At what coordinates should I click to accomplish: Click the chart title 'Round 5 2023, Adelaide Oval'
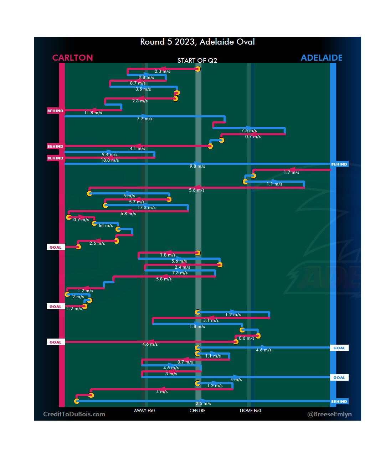coord(197,42)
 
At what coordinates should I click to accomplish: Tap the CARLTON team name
coord(72,58)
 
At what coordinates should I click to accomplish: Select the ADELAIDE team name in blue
coord(322,58)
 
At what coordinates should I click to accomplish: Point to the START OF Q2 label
coord(197,60)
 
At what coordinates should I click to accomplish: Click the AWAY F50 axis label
coord(144,411)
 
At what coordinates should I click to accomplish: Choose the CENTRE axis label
coord(197,411)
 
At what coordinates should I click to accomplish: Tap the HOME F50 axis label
coord(250,411)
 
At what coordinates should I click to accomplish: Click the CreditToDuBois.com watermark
coord(74,414)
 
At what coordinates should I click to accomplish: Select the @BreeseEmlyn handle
coord(329,414)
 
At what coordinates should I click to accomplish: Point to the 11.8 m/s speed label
coord(93,113)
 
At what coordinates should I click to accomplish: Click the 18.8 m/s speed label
coord(110,160)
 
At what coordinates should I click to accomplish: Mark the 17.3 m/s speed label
coord(147,208)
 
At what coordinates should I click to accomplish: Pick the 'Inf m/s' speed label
coord(106,225)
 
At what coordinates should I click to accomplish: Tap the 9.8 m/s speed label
coord(197,166)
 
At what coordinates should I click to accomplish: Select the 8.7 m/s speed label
coord(138,83)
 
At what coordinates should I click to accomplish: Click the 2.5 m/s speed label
coord(203,403)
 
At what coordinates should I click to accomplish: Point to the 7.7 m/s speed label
coord(144,119)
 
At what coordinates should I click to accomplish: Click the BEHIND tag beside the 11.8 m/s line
coord(55,111)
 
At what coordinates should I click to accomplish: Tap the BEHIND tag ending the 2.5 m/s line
coord(339,401)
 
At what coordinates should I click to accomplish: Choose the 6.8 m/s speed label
coord(128,214)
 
